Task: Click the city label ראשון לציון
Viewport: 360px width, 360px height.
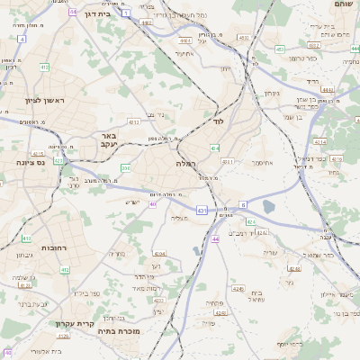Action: [x=40, y=101]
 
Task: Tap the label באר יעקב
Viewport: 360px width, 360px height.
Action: [x=104, y=139]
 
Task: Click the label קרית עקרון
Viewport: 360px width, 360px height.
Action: [x=93, y=323]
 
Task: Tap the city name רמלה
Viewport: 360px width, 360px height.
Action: [x=187, y=165]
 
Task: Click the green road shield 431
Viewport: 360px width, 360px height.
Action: [x=201, y=211]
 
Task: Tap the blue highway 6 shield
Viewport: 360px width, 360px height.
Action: [x=242, y=204]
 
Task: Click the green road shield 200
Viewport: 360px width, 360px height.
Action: [x=126, y=167]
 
